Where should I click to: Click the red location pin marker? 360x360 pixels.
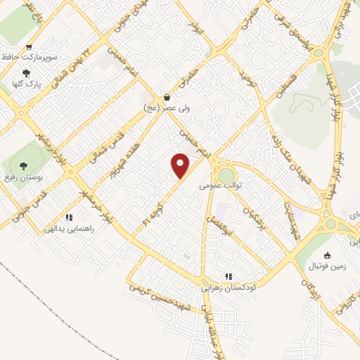pyautogui.click(x=181, y=165)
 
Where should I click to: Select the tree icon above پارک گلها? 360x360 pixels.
pyautogui.click(x=27, y=72)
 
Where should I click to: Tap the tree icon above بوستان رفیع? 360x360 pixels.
pyautogui.click(x=24, y=167)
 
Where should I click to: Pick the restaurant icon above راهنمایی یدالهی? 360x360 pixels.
pyautogui.click(x=69, y=217)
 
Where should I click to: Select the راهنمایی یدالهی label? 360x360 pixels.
pyautogui.click(x=69, y=229)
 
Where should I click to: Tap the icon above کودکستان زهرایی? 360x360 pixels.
pyautogui.click(x=229, y=276)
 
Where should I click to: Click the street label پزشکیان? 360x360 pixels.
pyautogui.click(x=254, y=219)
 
